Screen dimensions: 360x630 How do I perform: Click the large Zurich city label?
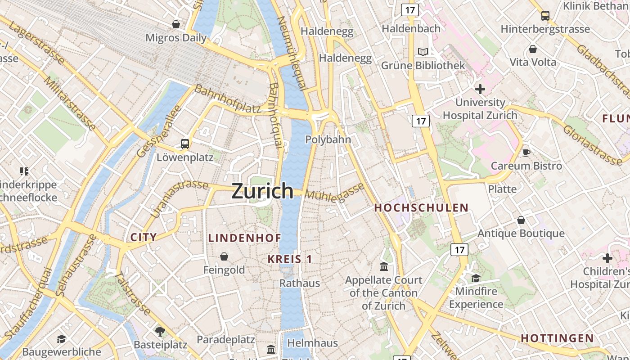262,191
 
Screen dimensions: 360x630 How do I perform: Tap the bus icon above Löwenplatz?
185,144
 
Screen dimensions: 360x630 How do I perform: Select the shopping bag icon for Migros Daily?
176,24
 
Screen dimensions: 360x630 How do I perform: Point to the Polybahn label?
328,139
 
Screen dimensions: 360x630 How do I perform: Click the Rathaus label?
300,283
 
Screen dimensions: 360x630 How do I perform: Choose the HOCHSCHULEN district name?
421,208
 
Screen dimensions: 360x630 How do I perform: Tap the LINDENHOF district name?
245,238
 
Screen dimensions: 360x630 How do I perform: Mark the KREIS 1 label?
290,259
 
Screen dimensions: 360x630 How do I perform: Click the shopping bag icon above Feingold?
224,256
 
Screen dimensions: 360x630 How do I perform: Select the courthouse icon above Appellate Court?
384,267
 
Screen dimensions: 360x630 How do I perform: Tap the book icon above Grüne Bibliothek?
423,52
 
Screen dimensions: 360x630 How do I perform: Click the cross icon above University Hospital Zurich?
480,89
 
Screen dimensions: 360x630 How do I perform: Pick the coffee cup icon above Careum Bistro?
526,153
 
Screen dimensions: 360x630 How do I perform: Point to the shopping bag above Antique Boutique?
521,220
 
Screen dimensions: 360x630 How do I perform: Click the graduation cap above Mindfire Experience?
476,278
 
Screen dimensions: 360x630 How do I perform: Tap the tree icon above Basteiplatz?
160,332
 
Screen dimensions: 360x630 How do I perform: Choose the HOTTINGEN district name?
557,338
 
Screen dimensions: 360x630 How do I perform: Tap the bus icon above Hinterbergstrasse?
545,16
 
